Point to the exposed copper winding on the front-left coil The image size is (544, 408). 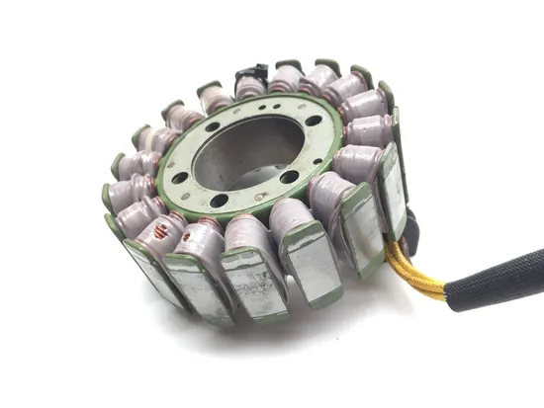(x=157, y=233)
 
